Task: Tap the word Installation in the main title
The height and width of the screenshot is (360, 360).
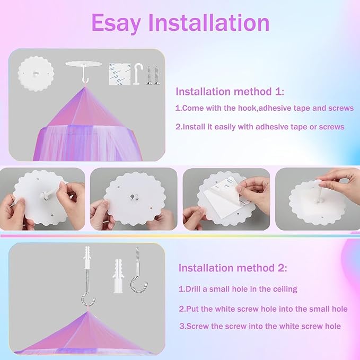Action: (209, 23)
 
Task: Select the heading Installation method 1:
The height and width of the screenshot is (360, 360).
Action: (230, 92)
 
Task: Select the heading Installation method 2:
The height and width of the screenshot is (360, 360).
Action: (232, 268)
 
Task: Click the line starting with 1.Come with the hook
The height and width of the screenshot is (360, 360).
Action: (264, 108)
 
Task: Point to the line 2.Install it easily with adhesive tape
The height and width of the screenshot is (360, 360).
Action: (260, 127)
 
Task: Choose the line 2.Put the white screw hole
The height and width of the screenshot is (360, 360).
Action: (263, 309)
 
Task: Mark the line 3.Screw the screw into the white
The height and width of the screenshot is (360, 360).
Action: (260, 327)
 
